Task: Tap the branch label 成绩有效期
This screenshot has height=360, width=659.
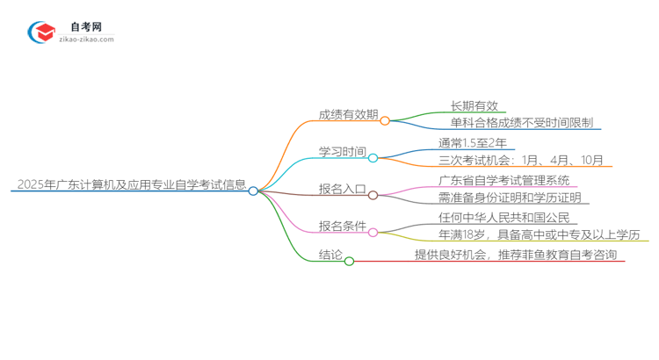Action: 349,115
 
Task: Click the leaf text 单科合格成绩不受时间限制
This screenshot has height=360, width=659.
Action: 522,123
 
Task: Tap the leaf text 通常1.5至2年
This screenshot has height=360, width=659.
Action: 472,142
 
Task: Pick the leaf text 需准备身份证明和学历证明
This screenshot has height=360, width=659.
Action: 510,198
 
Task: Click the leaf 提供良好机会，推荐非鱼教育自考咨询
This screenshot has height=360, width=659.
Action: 516,255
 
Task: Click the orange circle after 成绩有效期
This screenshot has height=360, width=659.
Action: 385,121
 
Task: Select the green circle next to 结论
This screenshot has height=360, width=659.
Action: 349,261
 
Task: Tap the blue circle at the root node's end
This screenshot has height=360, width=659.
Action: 253,191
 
